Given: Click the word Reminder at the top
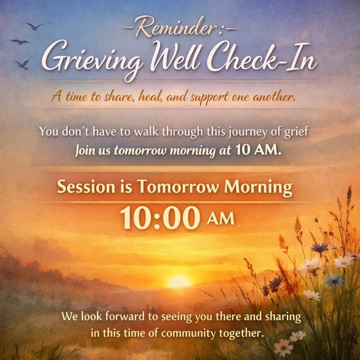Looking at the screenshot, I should pos(180,29).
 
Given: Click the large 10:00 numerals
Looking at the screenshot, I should pos(160,219).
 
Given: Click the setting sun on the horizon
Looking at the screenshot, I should pos(179,281).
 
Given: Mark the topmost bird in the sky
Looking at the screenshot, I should pos(35,26).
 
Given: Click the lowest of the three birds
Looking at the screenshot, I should pos(22,64).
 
